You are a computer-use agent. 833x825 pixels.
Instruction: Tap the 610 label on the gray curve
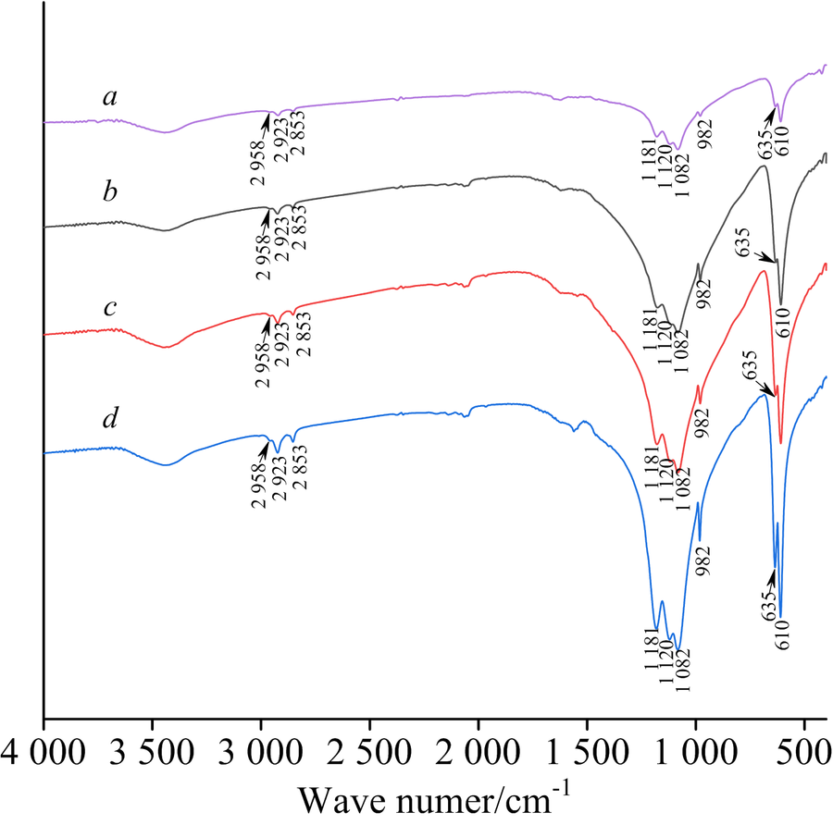pos(782,325)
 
